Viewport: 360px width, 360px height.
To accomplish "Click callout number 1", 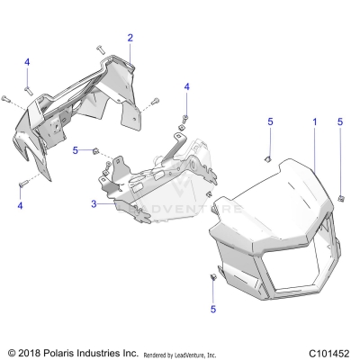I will click(315, 121).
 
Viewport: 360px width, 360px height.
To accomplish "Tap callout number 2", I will click(130, 38).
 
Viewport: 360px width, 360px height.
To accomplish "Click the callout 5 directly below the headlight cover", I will click(213, 310).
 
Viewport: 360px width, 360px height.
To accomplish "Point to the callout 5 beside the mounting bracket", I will click(76, 149).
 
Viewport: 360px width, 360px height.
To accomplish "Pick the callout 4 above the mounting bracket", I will click(187, 86).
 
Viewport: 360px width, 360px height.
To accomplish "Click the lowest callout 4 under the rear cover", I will click(20, 206).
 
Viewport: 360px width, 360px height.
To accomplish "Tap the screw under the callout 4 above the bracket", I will click(185, 118).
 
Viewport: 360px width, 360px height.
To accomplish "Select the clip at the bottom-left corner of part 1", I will click(214, 277).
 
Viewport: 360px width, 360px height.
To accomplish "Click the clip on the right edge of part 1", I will click(343, 196).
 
